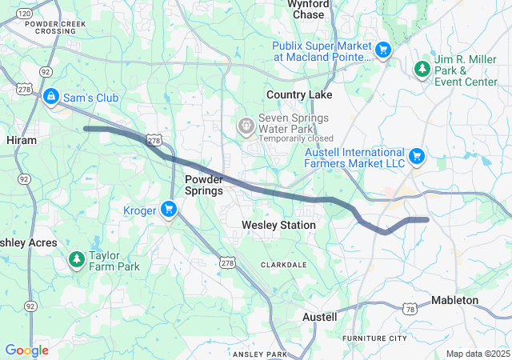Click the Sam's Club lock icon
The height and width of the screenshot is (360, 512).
click(51, 97)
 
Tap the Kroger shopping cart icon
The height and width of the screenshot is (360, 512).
click(168, 210)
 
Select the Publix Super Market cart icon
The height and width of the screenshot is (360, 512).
click(383, 50)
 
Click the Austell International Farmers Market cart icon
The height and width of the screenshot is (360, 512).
click(416, 157)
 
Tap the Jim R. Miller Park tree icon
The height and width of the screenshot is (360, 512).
click(422, 70)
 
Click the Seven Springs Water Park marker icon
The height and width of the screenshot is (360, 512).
click(246, 126)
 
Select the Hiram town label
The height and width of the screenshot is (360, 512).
click(22, 139)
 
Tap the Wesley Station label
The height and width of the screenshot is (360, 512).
click(278, 226)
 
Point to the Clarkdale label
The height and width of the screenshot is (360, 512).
click(282, 264)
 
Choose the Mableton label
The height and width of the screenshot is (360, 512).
click(454, 300)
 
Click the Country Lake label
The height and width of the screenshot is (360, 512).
click(299, 94)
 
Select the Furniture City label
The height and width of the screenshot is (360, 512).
click(374, 338)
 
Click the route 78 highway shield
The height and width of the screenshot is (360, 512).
click(410, 309)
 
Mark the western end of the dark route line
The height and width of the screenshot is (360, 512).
click(86, 128)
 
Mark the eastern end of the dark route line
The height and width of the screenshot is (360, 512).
click(427, 219)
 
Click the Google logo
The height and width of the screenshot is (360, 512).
click(26, 350)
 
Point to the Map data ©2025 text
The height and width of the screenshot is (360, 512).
click(477, 354)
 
